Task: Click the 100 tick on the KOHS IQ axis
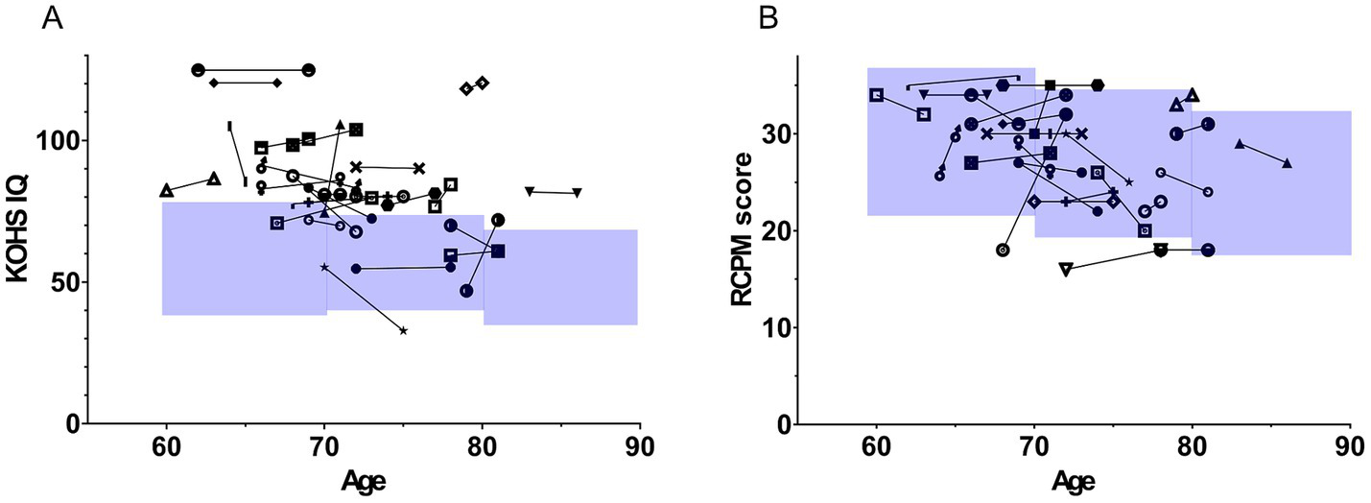(59, 141)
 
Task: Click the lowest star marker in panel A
(403, 330)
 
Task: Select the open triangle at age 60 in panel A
(167, 190)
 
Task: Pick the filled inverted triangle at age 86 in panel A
(577, 193)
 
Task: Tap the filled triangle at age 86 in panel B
(1287, 163)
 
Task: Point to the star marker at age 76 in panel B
(1129, 181)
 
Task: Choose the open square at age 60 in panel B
(876, 95)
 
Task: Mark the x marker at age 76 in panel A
(418, 168)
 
